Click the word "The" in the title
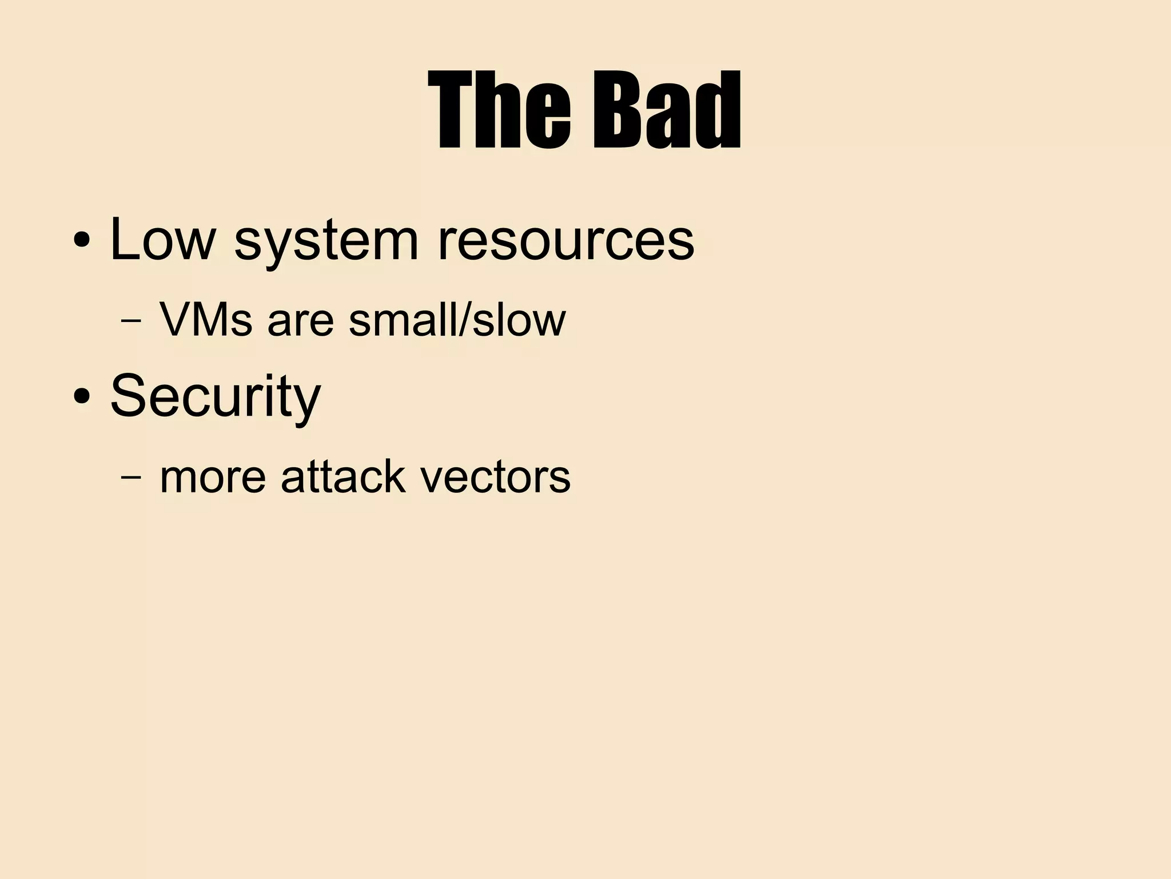[x=499, y=110]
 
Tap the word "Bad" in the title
[x=667, y=110]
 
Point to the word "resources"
[x=566, y=240]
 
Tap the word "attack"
[x=344, y=476]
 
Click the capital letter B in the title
[x=614, y=110]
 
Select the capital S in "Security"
[x=130, y=395]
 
